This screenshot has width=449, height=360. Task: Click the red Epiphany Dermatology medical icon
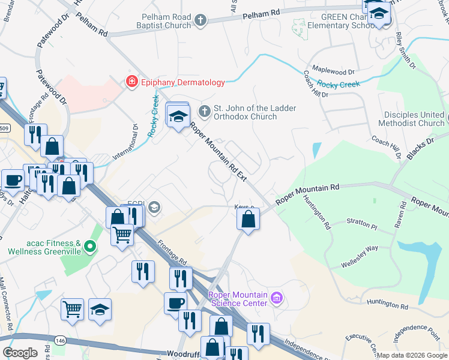[x=130, y=83]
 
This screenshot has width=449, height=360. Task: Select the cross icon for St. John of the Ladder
[x=205, y=111]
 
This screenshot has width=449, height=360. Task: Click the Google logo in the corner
[x=20, y=352]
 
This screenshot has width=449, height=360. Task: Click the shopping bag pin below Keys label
[x=248, y=220]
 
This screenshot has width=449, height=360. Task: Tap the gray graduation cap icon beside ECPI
[x=154, y=208]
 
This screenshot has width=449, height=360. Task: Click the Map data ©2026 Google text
[x=411, y=355]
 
